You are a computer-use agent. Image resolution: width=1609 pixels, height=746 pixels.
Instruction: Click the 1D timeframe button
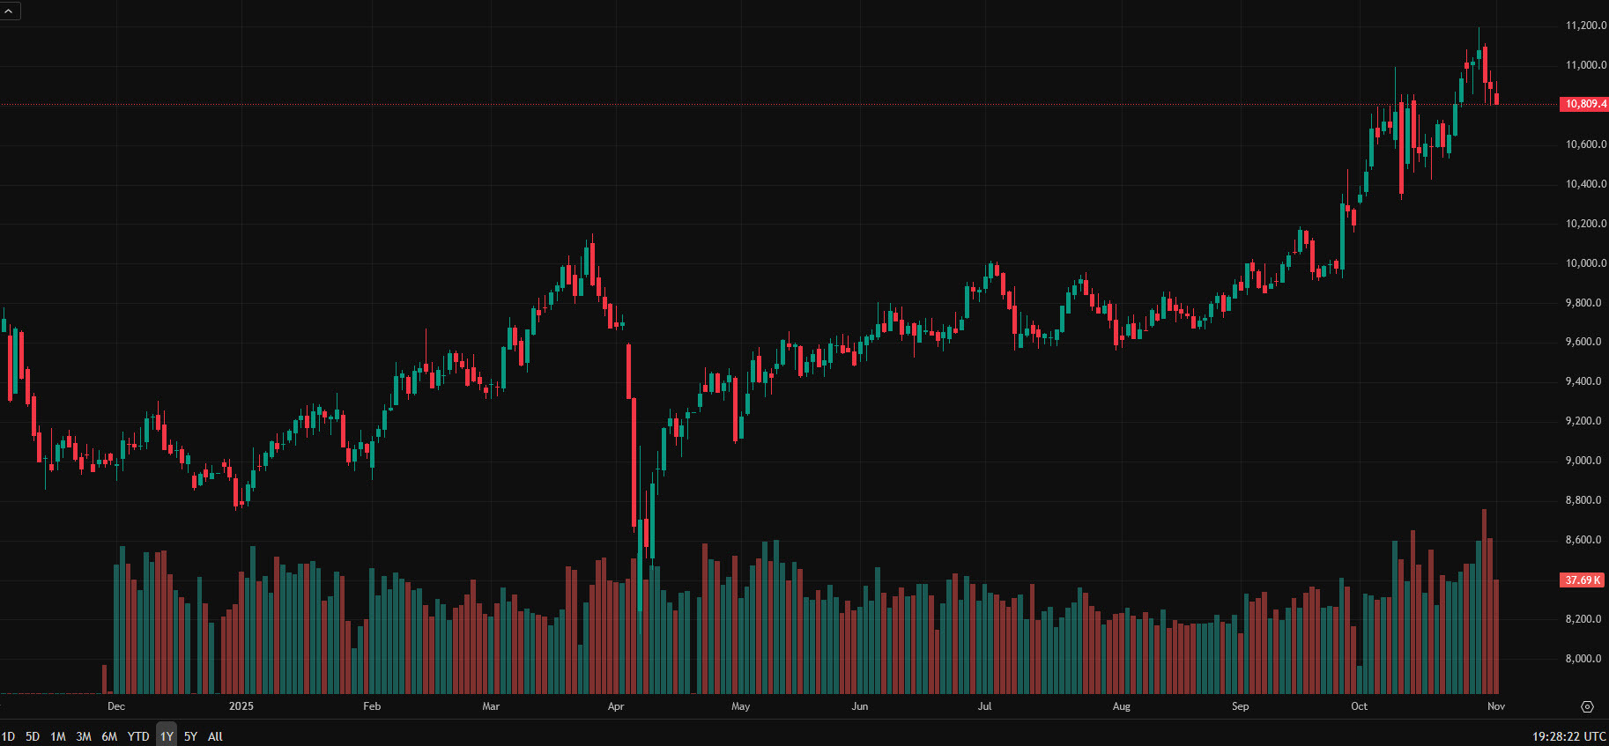click(8, 736)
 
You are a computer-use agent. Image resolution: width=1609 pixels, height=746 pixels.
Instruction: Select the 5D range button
click(33, 736)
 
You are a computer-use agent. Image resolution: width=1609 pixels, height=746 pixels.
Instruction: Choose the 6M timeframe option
click(109, 736)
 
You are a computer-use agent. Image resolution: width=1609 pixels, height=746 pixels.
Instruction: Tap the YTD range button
click(138, 736)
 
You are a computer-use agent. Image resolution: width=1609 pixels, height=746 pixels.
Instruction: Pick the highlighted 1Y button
click(167, 736)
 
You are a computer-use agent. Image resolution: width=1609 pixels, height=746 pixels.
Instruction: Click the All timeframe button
click(215, 736)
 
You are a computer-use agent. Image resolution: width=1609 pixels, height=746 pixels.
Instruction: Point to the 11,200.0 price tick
click(1585, 26)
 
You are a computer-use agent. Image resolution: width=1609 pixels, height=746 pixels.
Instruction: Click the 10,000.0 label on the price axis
click(1585, 263)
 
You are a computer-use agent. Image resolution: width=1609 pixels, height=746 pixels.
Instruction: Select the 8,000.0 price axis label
click(1585, 659)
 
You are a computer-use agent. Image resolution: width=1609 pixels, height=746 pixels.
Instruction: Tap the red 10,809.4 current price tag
click(1584, 104)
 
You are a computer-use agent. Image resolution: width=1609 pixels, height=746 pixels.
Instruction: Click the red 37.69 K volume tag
click(1583, 580)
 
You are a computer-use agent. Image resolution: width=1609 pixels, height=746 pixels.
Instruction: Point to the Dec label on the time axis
click(116, 706)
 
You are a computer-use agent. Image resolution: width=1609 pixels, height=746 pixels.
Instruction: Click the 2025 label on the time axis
click(241, 706)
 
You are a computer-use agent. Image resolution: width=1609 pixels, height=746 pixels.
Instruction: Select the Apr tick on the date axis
click(616, 706)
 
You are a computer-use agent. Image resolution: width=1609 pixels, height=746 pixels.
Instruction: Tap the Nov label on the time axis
click(1496, 706)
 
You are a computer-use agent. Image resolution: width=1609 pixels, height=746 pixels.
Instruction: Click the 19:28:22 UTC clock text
click(1568, 736)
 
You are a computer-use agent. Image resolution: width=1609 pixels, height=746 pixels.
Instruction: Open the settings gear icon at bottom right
click(1587, 706)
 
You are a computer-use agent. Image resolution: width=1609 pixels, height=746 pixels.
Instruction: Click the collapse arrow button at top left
click(9, 11)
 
